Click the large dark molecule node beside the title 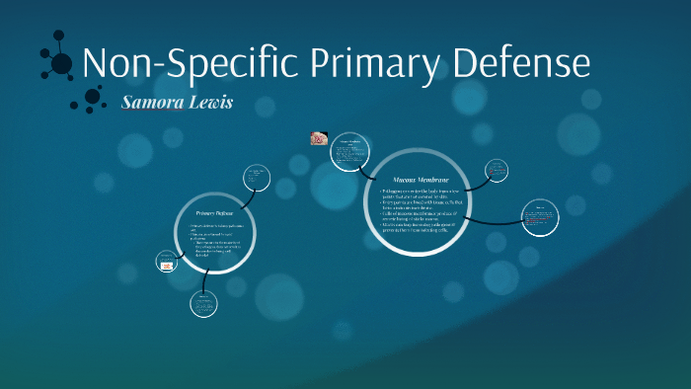pyautogui.click(x=61, y=64)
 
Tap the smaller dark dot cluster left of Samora pyautogui.click(x=92, y=98)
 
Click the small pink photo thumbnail pyautogui.click(x=320, y=139)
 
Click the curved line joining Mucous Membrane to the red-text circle pyautogui.click(x=484, y=221)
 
